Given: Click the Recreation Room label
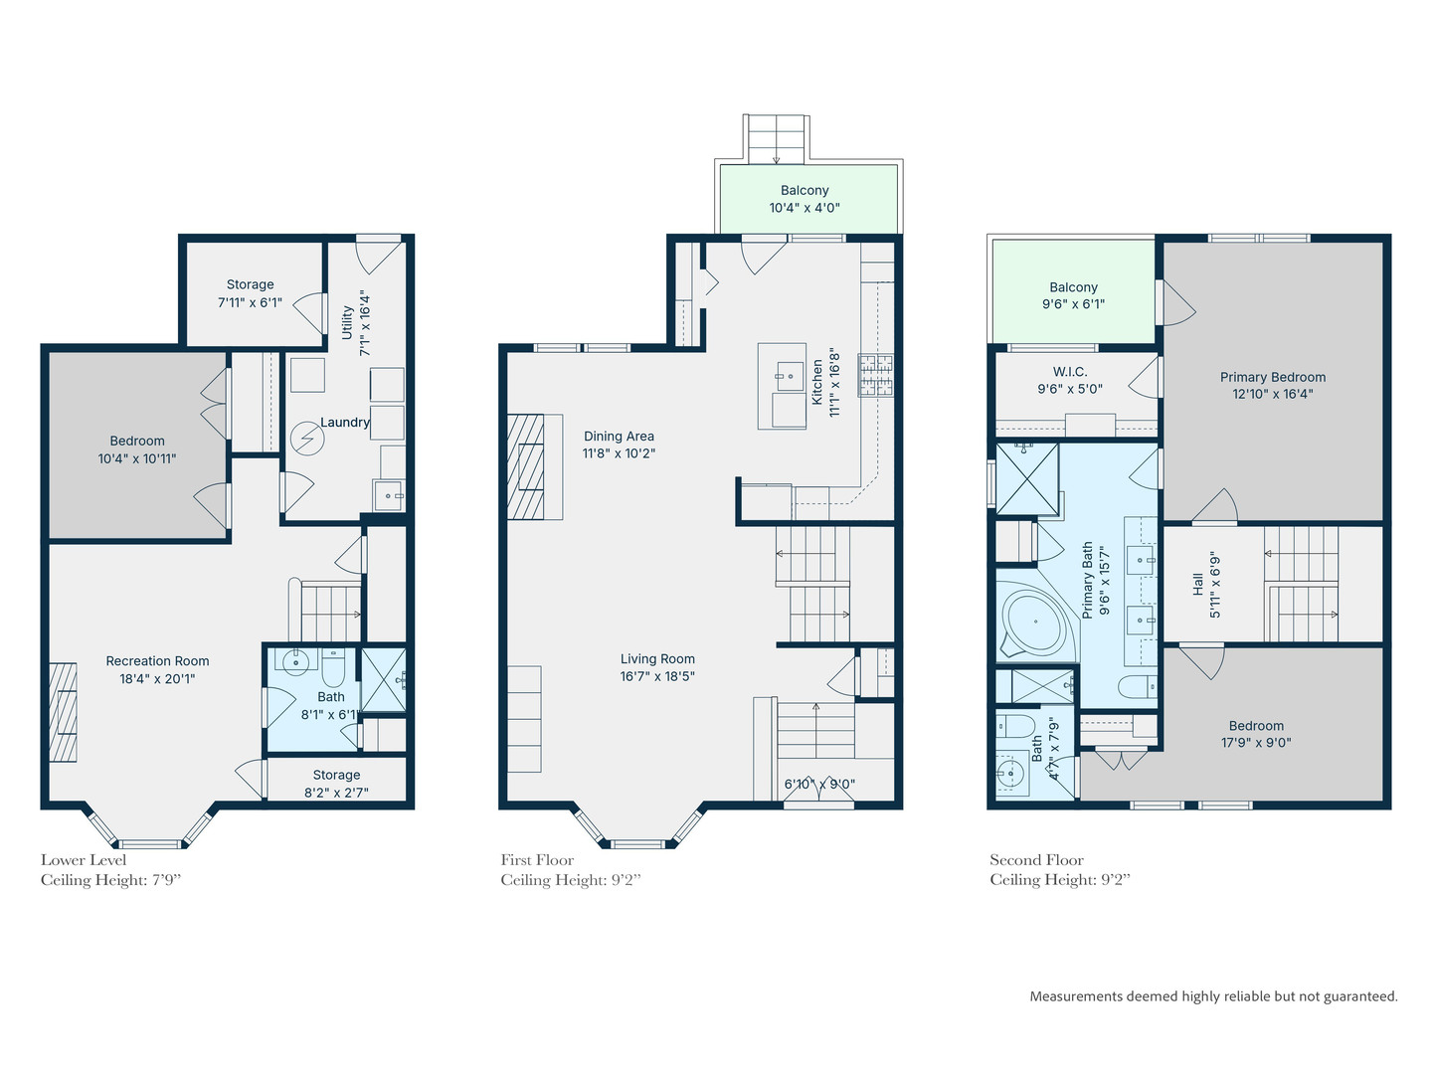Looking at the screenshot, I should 157,661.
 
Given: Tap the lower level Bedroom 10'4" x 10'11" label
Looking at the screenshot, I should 137,449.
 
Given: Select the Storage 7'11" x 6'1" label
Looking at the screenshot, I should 250,293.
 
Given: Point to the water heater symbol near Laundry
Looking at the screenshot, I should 306,438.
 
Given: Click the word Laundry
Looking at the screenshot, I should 345,423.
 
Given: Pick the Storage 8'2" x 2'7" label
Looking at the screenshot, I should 336,784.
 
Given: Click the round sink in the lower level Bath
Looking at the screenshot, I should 295,661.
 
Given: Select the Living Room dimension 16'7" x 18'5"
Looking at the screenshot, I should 657,676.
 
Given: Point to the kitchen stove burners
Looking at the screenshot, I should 876,375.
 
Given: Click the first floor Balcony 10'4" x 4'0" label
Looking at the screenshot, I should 805,199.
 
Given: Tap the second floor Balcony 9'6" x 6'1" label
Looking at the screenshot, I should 1073,295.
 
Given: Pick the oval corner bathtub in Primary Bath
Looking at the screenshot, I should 1034,623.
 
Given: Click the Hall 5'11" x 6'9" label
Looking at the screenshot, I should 1206,586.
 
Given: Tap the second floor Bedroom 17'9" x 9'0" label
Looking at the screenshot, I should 1256,734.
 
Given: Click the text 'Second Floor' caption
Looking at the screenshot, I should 1036,860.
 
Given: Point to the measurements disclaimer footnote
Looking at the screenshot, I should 1213,996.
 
